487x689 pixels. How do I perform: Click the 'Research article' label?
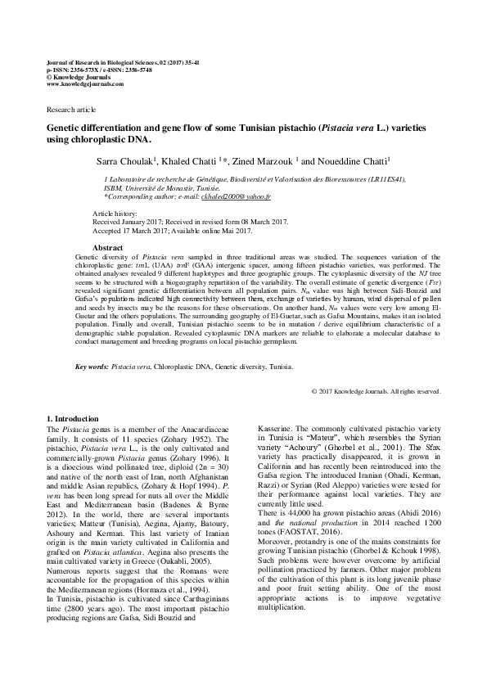(x=71, y=109)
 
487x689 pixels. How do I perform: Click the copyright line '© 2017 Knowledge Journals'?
(x=377, y=391)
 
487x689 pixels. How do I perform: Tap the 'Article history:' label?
(x=115, y=213)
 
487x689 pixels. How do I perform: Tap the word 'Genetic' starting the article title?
(x=65, y=129)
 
